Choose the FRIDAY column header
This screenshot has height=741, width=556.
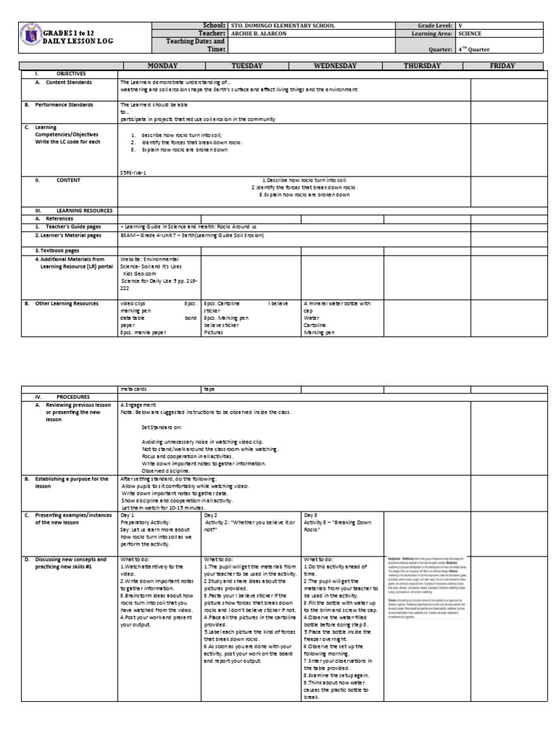pyautogui.click(x=502, y=66)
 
